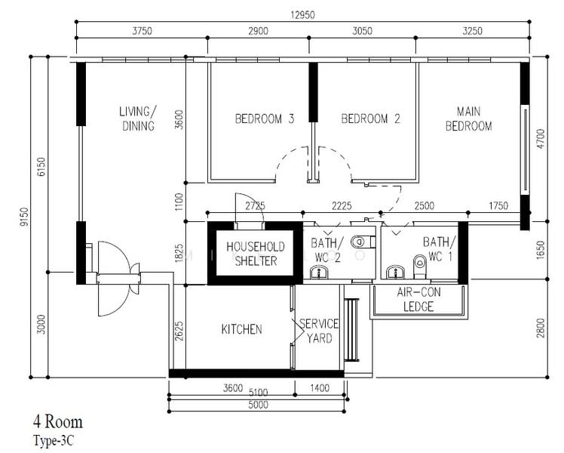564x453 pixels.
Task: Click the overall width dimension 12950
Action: coord(302,15)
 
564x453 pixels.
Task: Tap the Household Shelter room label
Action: coord(256,254)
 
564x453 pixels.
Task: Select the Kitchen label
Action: coord(242,329)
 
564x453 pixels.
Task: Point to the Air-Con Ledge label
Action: coord(418,299)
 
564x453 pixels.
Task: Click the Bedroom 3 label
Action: coord(265,119)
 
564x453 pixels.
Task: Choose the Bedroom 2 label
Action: coord(370,119)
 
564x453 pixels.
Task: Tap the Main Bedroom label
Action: coord(469,119)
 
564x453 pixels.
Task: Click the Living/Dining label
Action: coord(138,119)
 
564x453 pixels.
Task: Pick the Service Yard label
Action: coord(319,331)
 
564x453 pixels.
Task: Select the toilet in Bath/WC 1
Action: coord(420,266)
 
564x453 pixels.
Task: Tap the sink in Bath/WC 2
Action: coord(319,273)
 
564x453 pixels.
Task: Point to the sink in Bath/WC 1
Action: coord(395,273)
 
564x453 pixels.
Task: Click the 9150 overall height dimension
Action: coord(24,217)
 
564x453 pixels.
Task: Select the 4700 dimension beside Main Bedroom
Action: coord(541,139)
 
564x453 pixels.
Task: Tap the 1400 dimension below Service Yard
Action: coord(320,388)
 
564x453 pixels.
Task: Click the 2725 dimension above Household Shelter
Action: coord(255,206)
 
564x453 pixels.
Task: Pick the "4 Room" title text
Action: coord(58,422)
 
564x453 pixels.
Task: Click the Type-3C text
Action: coord(54,441)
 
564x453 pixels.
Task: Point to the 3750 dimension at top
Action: coord(142,31)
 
